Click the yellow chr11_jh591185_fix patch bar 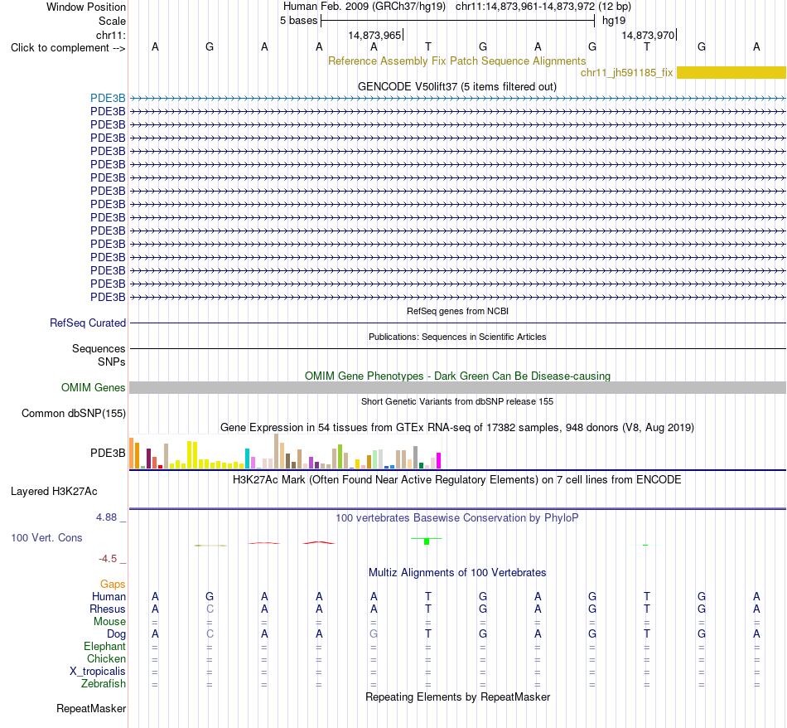pos(731,72)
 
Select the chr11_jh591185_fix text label pos(626,72)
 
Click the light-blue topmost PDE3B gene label pos(108,98)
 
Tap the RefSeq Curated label pos(88,323)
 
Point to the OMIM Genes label pos(94,387)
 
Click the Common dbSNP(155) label pos(74,413)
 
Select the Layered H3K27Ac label pos(54,492)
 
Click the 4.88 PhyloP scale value pos(106,517)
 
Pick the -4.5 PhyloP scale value pos(108,559)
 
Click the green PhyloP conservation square pos(427,541)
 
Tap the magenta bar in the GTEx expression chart pos(439,461)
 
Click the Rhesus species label pos(108,609)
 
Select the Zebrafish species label pos(104,684)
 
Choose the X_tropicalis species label pos(98,672)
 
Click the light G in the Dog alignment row pos(374,634)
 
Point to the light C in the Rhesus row pos(210,609)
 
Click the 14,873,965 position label pos(374,35)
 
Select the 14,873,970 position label pos(648,35)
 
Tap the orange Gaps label pos(113,584)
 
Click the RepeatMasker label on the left pos(91,708)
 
